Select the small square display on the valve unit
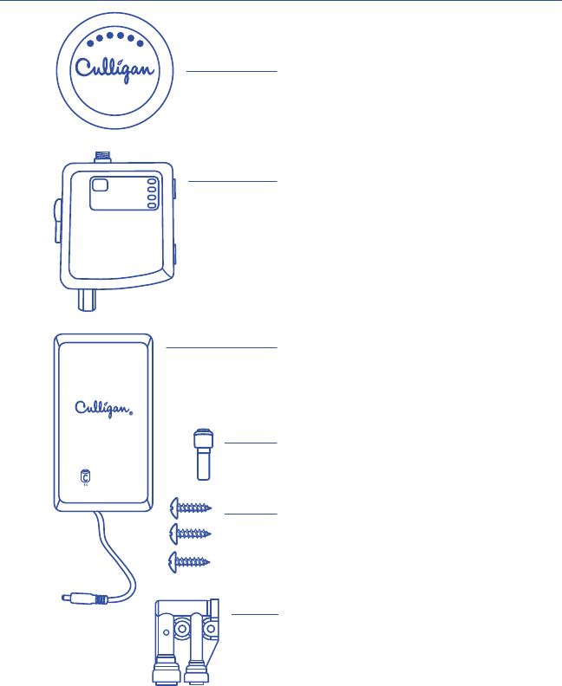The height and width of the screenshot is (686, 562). (x=101, y=184)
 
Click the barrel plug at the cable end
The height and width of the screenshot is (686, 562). (x=76, y=598)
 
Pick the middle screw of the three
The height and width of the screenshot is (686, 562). (x=190, y=534)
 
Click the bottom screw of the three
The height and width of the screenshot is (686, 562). (x=190, y=560)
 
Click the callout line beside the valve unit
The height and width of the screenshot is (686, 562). (x=232, y=181)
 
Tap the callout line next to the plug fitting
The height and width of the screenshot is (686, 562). (x=252, y=443)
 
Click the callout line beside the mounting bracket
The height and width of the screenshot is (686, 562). (x=256, y=614)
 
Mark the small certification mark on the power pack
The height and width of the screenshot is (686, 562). (x=84, y=477)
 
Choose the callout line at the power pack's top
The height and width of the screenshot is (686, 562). (x=221, y=347)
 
